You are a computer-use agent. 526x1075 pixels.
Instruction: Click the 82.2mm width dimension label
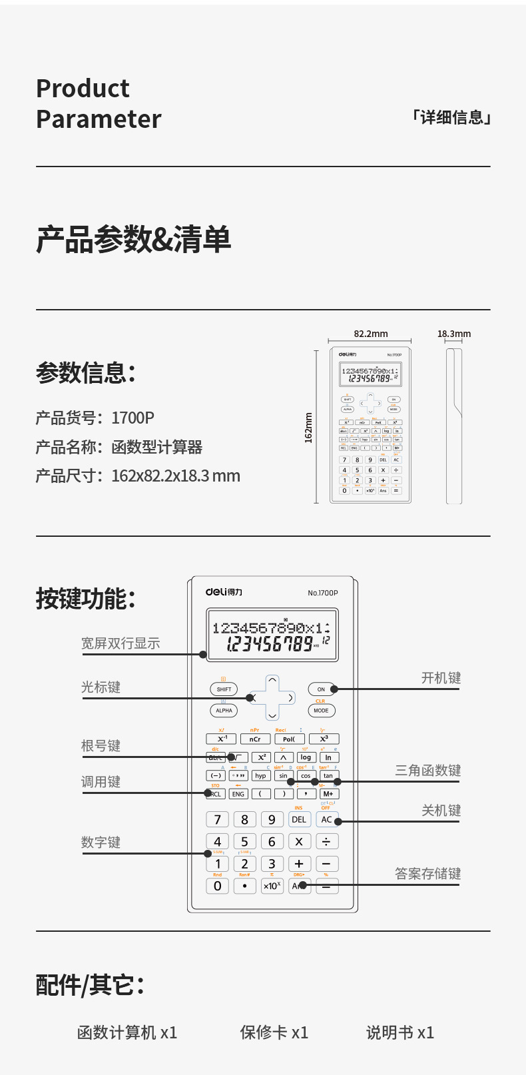click(x=370, y=334)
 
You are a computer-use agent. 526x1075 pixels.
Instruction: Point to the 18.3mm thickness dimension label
click(x=453, y=334)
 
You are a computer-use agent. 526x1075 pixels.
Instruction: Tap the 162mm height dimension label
click(x=308, y=428)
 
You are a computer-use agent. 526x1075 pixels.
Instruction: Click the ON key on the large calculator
click(x=321, y=689)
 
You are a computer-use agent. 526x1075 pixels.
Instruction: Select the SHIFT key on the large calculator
click(x=224, y=689)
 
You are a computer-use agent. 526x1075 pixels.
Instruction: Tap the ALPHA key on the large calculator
click(x=224, y=711)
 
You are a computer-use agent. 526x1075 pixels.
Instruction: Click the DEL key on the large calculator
click(x=299, y=820)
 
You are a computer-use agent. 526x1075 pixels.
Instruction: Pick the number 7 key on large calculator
click(x=218, y=820)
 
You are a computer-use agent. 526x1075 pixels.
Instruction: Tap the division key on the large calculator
click(x=326, y=842)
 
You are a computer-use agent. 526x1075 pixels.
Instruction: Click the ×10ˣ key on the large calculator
click(x=272, y=886)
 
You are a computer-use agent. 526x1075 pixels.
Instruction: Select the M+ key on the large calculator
click(x=328, y=794)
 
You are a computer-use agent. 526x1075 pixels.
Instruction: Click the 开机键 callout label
click(x=441, y=678)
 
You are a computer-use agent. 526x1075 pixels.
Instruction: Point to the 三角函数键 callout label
click(x=427, y=771)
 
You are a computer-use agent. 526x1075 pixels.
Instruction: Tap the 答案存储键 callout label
click(x=427, y=874)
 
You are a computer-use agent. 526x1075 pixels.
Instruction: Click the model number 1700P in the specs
click(x=132, y=418)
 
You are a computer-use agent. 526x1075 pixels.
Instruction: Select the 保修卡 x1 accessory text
click(x=274, y=1032)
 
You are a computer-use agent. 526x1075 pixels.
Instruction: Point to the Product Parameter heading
click(x=99, y=104)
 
